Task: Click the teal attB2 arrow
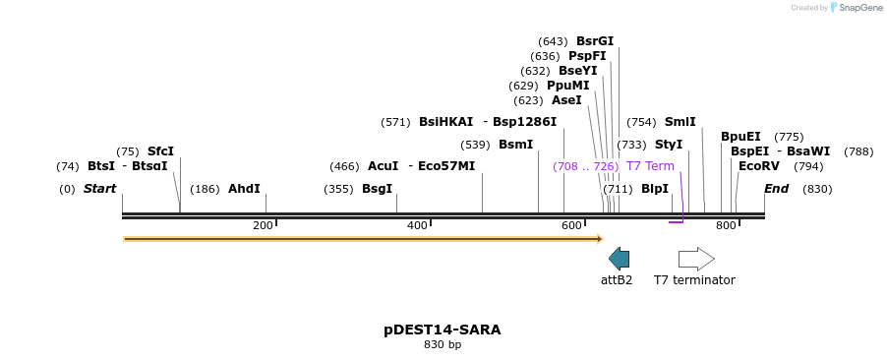click(x=619, y=259)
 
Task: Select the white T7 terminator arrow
click(x=696, y=259)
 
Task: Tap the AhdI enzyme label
click(x=244, y=189)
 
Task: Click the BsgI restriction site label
click(x=377, y=189)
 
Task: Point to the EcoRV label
click(x=754, y=166)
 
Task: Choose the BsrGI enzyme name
click(x=595, y=41)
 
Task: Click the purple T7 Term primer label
click(x=650, y=166)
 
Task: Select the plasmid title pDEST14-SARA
click(x=443, y=330)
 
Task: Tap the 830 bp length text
click(x=443, y=345)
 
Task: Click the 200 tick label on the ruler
click(x=263, y=226)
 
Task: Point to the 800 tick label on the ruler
click(x=726, y=226)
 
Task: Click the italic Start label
click(x=99, y=189)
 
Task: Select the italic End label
click(x=776, y=189)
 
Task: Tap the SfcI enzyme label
click(x=160, y=151)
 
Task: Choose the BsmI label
click(x=515, y=145)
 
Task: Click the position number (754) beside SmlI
click(x=641, y=122)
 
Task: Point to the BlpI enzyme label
click(x=655, y=189)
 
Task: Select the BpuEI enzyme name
click(x=740, y=137)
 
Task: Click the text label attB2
click(x=617, y=280)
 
